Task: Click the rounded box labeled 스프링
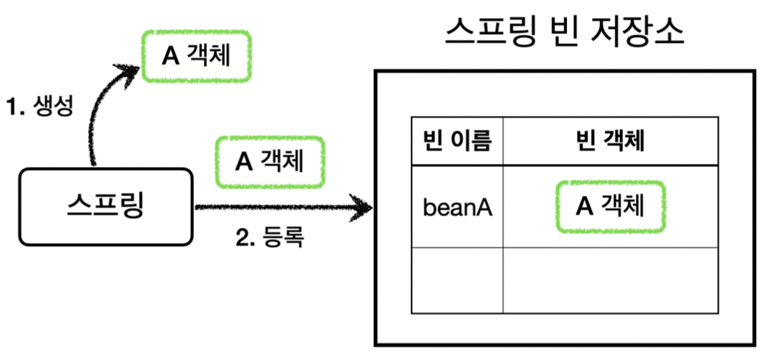[x=106, y=206]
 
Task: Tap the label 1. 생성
[x=39, y=107]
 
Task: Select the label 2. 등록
[x=270, y=237]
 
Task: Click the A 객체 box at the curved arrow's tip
[x=196, y=56]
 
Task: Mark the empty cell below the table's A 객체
[x=610, y=280]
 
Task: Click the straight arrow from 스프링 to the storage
[x=276, y=208]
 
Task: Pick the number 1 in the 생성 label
[x=12, y=107]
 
